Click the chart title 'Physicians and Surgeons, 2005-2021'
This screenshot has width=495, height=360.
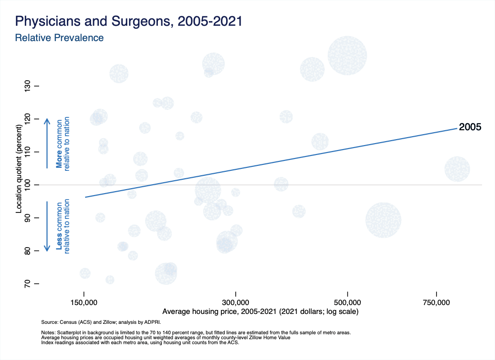129,21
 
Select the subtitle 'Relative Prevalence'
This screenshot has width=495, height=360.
59,38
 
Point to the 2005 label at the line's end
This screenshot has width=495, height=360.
470,127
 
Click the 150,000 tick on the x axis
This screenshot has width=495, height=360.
84,303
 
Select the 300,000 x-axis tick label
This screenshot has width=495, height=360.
236,303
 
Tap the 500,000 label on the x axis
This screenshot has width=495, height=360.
347,303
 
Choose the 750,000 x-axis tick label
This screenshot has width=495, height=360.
436,303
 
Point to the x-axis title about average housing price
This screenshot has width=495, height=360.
260,311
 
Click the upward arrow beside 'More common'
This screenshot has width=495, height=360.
47,144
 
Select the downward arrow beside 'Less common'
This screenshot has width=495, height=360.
47,226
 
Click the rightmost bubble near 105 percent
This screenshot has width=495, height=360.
457,169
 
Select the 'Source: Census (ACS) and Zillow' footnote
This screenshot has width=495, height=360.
101,322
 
